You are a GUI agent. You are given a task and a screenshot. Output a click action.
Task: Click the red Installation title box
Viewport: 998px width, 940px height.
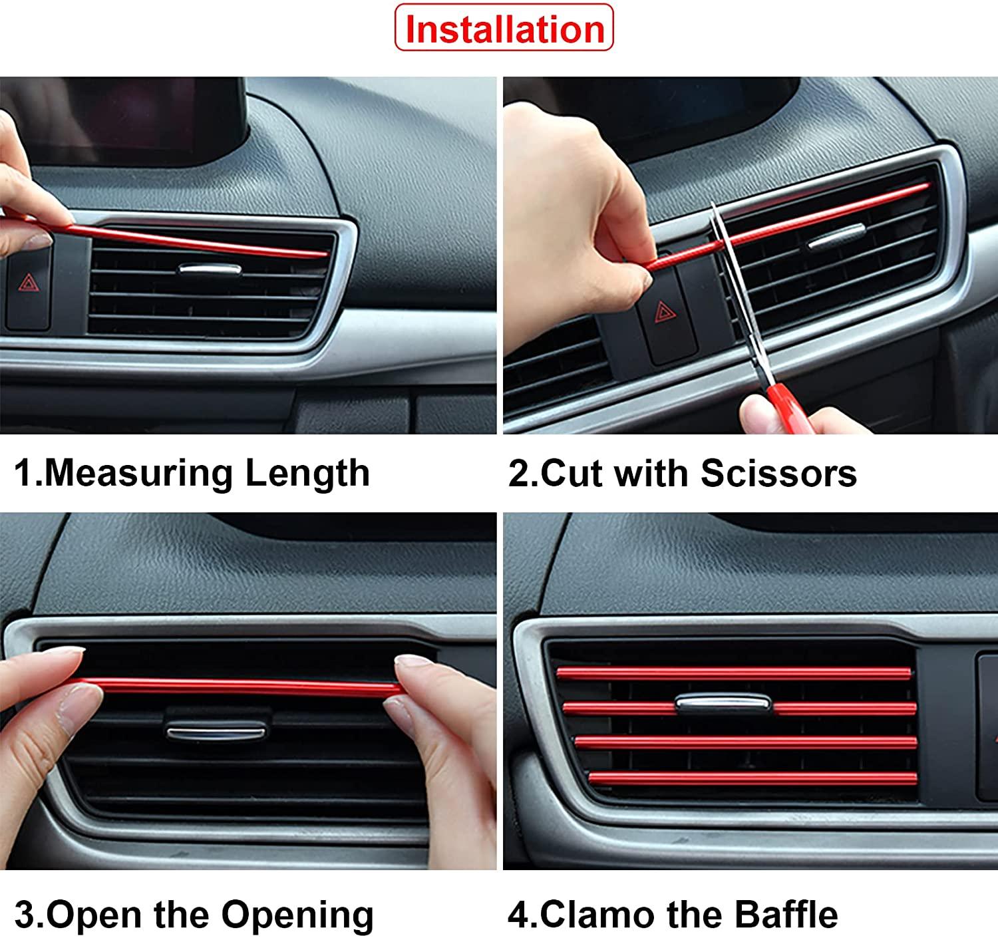click(504, 28)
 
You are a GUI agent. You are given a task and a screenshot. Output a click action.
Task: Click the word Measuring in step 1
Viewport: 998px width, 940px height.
click(138, 473)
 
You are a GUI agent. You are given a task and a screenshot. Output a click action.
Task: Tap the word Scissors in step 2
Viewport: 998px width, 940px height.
click(778, 473)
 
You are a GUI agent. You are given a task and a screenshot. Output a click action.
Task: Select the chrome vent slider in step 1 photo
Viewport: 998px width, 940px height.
click(210, 269)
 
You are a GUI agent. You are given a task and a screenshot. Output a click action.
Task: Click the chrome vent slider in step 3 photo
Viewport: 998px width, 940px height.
click(217, 730)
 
